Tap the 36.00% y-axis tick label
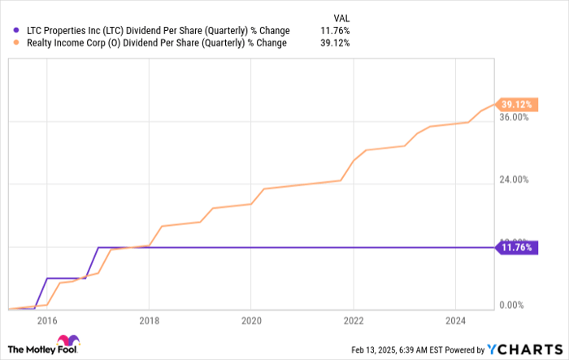[515, 117]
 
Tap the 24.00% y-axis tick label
[515, 180]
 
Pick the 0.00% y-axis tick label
[518, 305]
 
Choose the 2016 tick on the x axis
[46, 320]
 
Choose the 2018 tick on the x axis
[149, 320]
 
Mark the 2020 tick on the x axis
[250, 320]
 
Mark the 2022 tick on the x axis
[353, 320]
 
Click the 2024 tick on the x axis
[455, 320]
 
